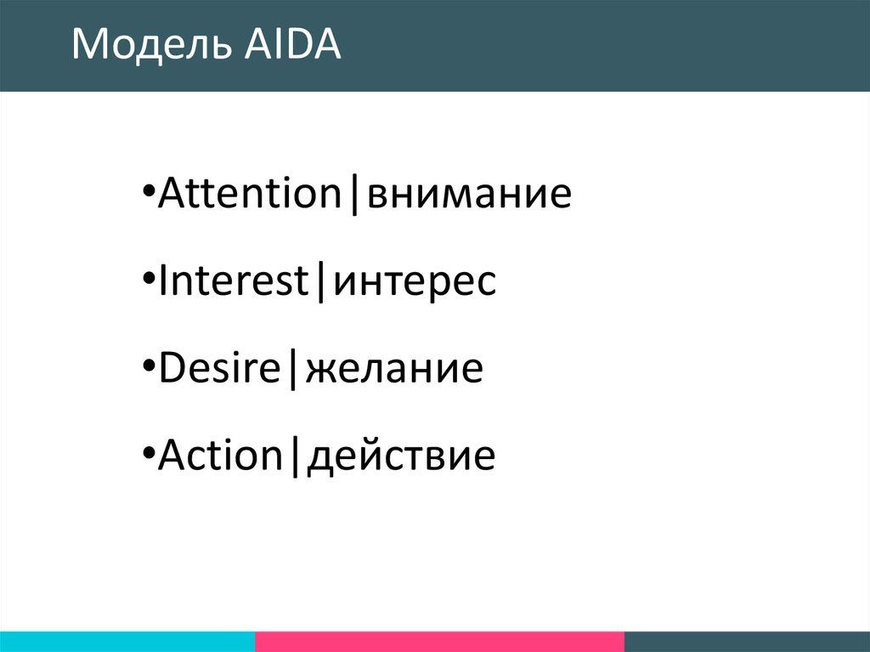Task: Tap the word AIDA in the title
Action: pos(292,43)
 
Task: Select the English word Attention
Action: pos(250,193)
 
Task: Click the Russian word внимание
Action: pos(469,195)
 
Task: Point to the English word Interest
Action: pos(234,281)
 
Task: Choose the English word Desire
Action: pos(220,367)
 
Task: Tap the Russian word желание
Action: pos(394,369)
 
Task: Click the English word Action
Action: pos(221,455)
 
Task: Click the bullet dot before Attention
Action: pos(148,190)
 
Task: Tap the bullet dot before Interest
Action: pos(148,278)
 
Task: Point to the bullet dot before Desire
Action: pos(148,365)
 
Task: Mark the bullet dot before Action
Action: pos(148,452)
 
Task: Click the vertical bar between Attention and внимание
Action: pos(354,195)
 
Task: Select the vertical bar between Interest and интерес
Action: pos(320,282)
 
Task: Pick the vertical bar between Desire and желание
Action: pos(293,369)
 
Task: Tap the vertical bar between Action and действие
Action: pos(295,457)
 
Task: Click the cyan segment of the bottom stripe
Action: pos(127,642)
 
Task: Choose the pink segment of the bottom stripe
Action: pos(440,642)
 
